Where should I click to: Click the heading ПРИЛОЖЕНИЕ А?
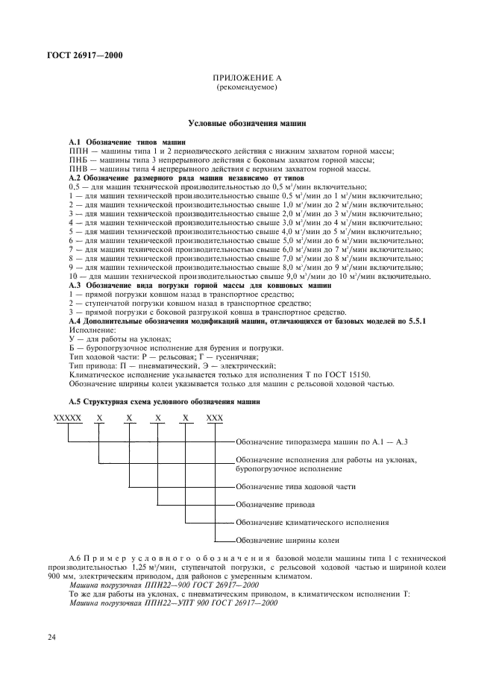(x=246, y=78)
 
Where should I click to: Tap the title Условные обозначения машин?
(x=246, y=122)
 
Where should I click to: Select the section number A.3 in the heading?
(x=75, y=286)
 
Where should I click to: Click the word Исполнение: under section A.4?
(x=92, y=330)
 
